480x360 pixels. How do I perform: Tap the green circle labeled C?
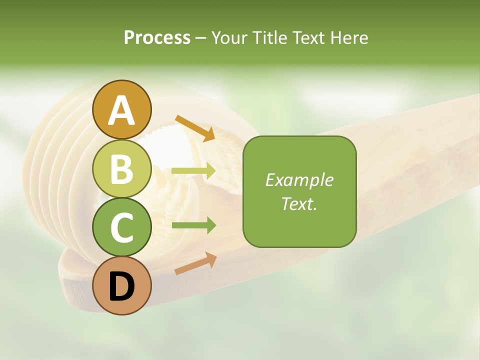[x=121, y=227]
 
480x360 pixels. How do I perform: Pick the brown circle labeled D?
[x=121, y=286]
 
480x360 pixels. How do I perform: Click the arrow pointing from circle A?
[x=195, y=128]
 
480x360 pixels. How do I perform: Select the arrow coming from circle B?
[x=193, y=171]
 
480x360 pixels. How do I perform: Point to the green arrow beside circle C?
[x=193, y=225]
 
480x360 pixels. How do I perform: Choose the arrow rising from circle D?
[x=195, y=263]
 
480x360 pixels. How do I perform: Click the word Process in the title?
[x=157, y=38]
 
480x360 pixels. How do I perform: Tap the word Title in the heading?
[x=268, y=38]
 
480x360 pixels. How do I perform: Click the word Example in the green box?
[x=299, y=180]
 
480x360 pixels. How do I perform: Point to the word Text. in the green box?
[x=299, y=203]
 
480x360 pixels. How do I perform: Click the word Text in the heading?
[x=307, y=38]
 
